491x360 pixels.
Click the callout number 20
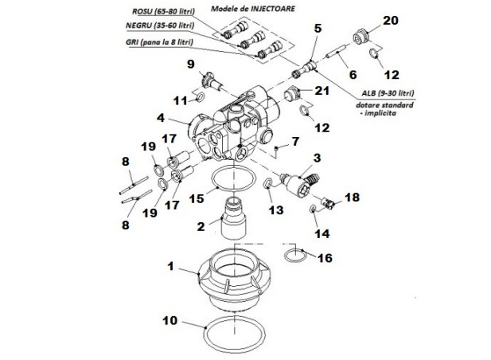click(x=391, y=21)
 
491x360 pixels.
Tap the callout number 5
click(x=318, y=28)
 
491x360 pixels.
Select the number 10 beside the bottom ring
click(x=170, y=320)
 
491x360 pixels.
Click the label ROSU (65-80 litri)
click(x=163, y=11)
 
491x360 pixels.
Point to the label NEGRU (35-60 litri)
click(x=160, y=25)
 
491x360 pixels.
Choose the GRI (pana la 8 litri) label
click(x=159, y=41)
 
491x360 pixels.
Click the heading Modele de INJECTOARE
click(x=253, y=9)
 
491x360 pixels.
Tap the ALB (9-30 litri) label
click(x=388, y=93)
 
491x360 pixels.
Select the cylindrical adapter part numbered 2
click(x=234, y=217)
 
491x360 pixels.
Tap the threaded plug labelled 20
click(x=360, y=37)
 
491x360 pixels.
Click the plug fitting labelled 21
click(x=292, y=93)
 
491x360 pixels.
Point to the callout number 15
click(x=197, y=198)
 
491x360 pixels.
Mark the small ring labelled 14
click(x=313, y=209)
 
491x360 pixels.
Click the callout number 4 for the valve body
click(x=161, y=118)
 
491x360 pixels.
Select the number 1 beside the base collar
click(x=170, y=266)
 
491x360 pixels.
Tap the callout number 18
click(x=352, y=198)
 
